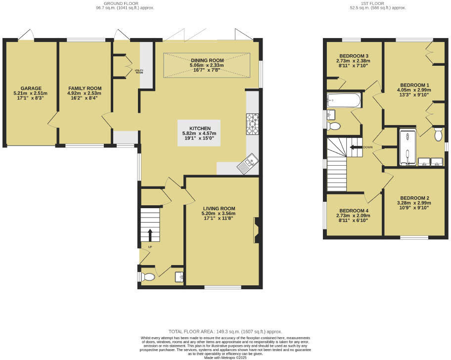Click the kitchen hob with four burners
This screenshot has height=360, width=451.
click(x=252, y=124)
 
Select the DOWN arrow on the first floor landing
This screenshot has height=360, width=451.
click(x=355, y=147)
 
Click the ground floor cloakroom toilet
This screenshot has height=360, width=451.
click(x=147, y=277)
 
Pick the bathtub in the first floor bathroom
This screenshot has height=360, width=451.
click(x=344, y=100)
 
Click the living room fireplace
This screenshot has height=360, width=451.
click(x=257, y=230)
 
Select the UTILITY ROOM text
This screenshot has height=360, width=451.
click(x=139, y=71)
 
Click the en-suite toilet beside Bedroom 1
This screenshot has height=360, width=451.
click(x=438, y=134)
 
